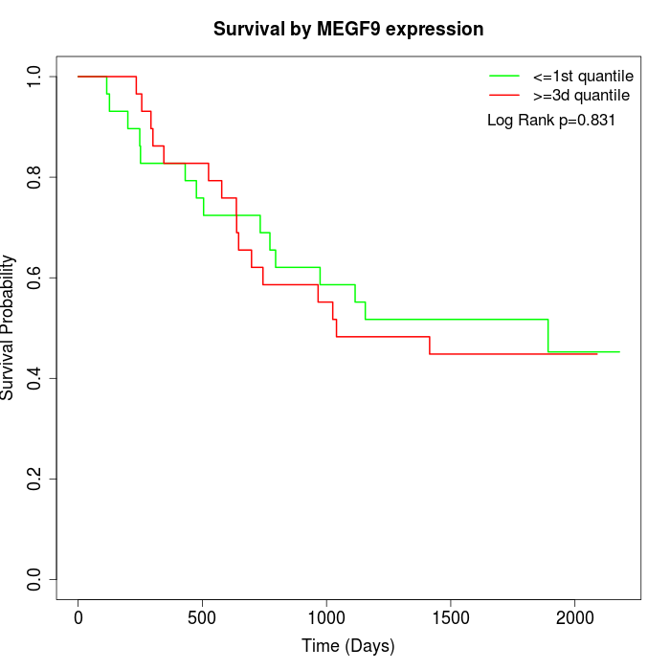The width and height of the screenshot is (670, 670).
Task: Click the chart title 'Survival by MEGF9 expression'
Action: pyautogui.click(x=347, y=29)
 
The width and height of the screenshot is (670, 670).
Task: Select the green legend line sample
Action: pyautogui.click(x=503, y=75)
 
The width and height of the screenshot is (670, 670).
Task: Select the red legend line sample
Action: pyautogui.click(x=503, y=96)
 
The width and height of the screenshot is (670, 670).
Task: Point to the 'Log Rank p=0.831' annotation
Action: pyautogui.click(x=551, y=121)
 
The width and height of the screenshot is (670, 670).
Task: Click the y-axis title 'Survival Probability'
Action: pyautogui.click(x=9, y=327)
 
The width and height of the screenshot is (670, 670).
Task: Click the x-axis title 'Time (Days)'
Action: pyautogui.click(x=347, y=646)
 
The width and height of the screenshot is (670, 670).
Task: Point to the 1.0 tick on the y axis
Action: pyautogui.click(x=35, y=77)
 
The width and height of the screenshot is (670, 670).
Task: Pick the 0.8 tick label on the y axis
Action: pyautogui.click(x=35, y=177)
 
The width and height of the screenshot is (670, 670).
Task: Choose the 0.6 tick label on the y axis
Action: pyautogui.click(x=35, y=278)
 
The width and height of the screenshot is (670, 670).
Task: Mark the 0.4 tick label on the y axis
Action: pyautogui.click(x=35, y=378)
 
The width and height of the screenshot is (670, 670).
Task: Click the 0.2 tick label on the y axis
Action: pyautogui.click(x=35, y=479)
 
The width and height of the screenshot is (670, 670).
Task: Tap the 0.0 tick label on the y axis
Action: pyautogui.click(x=35, y=579)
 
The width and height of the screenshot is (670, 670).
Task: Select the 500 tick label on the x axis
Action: pyautogui.click(x=203, y=618)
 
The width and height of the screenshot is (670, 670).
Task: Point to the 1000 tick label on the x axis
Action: pyautogui.click(x=326, y=618)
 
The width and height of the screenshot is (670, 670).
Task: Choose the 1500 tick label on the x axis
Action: pyautogui.click(x=451, y=618)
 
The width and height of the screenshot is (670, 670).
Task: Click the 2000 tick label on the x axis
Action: pyautogui.click(x=574, y=618)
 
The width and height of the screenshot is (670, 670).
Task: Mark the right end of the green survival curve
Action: pyautogui.click(x=619, y=352)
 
